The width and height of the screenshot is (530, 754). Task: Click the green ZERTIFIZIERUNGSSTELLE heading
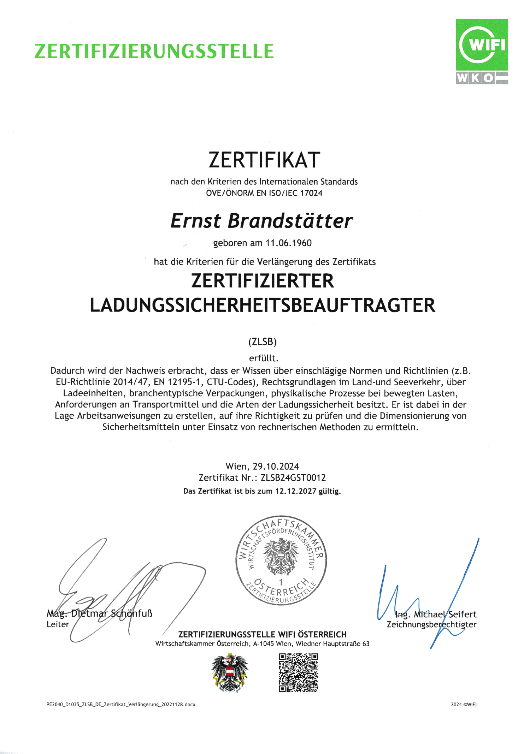coord(154,52)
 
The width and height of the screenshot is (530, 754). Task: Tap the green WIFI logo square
coord(482,45)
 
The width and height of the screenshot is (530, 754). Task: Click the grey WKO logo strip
coord(482,78)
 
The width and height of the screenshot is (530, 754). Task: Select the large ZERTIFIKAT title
coord(264,160)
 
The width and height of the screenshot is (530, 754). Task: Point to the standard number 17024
coord(311,193)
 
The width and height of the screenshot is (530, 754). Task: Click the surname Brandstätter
coord(290,221)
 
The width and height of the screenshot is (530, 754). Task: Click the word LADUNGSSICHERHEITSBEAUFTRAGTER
coord(263,305)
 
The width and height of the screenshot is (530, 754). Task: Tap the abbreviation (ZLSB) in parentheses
coord(263,342)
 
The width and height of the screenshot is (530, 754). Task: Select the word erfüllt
coord(264,358)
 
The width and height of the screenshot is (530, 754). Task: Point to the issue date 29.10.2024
coord(276,467)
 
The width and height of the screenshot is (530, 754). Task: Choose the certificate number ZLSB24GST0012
coord(293,478)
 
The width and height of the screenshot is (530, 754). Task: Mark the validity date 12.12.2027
coord(295,491)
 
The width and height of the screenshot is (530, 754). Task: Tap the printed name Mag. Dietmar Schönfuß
coord(100,613)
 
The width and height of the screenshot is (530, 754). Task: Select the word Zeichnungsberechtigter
coord(431,624)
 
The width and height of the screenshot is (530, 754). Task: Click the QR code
coord(299,673)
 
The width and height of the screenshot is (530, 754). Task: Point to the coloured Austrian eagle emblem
coord(230,673)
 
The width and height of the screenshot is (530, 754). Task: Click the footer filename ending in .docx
coord(121,705)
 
